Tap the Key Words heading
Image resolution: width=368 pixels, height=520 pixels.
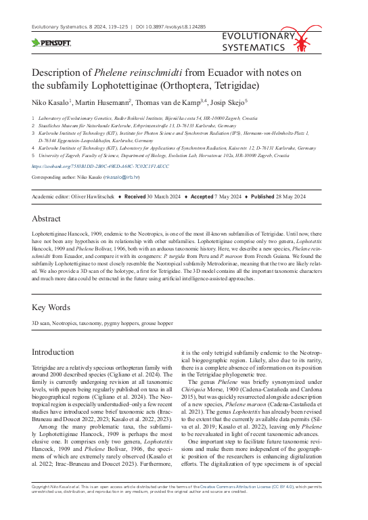pyautogui.click(x=51, y=307)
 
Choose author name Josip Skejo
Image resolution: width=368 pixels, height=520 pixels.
pyautogui.click(x=227, y=102)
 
